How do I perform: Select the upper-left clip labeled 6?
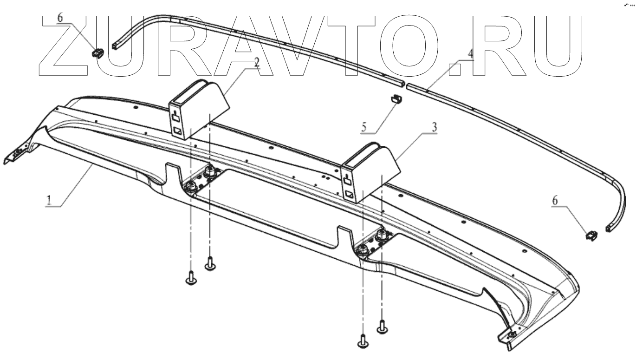coord(98,53)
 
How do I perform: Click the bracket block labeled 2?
coord(197,110)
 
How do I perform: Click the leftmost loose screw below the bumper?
coord(190,279)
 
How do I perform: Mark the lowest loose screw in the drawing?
coord(363,342)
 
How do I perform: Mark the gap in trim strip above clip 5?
coord(404,85)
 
